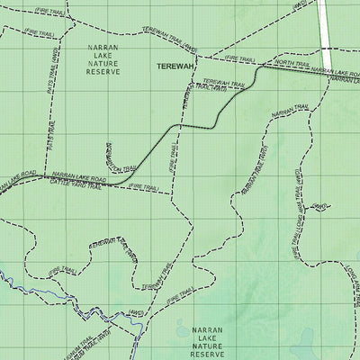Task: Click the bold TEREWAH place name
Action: (x=175, y=67)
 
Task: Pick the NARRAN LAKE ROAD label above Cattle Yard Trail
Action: (x=79, y=177)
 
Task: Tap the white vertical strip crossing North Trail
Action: (x=327, y=36)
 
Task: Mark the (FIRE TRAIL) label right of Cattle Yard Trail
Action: (x=144, y=186)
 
